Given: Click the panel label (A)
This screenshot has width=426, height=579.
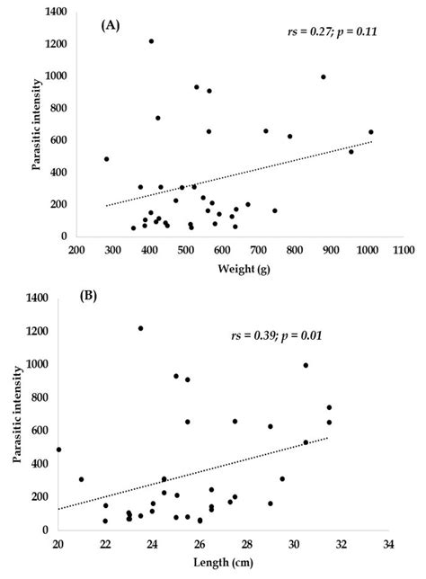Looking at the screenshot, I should [112, 27].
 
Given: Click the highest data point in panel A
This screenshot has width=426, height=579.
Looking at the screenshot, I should [151, 41].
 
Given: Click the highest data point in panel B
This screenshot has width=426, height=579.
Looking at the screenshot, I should [141, 328].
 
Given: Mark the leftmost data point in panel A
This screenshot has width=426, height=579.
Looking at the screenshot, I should [106, 159].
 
